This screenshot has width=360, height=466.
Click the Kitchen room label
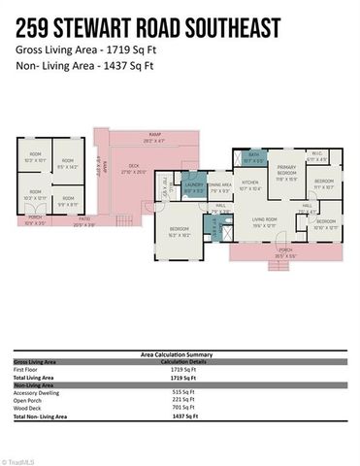point(250,183)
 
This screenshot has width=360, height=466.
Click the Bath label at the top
point(252,157)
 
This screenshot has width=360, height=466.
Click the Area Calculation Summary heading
point(180,356)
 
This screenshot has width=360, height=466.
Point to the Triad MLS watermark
point(18,460)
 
